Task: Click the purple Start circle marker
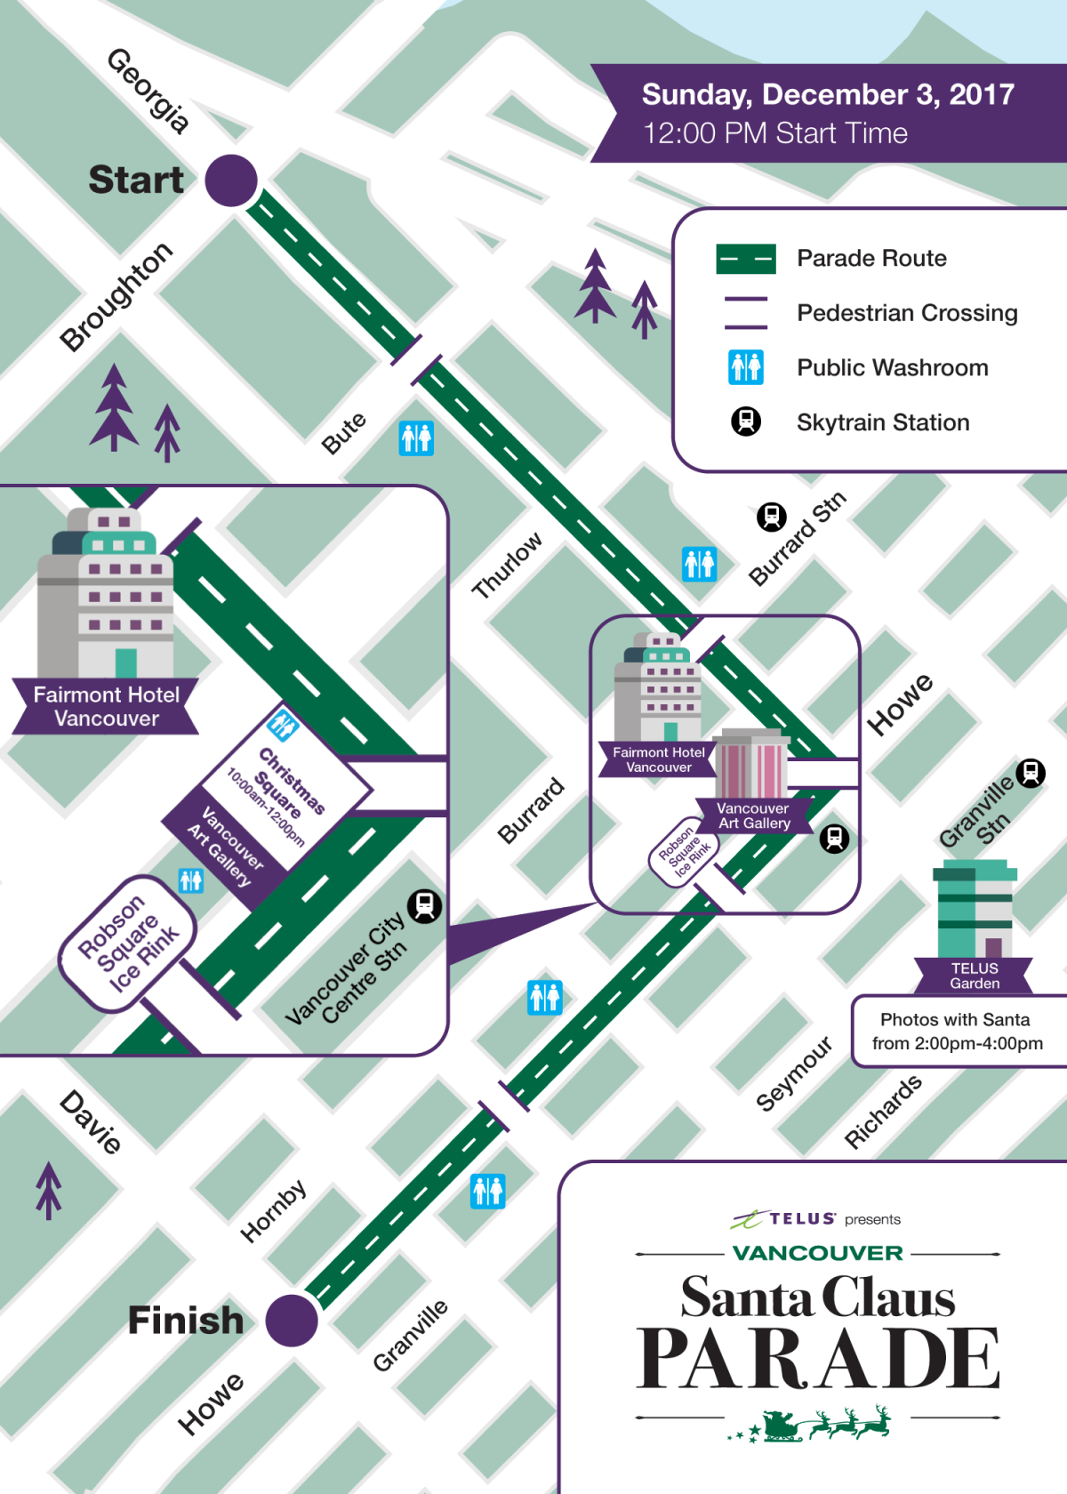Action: [231, 181]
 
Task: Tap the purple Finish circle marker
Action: [292, 1321]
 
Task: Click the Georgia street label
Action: [148, 91]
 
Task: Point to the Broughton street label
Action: [116, 296]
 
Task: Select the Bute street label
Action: [344, 433]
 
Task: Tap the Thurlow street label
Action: [507, 565]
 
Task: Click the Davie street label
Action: [91, 1121]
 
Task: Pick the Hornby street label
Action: [274, 1210]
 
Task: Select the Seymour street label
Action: [794, 1072]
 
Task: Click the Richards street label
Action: [883, 1112]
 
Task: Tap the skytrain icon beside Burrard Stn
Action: [772, 517]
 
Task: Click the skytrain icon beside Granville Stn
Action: [1031, 773]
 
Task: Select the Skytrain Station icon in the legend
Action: [746, 422]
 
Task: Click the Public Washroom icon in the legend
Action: [746, 366]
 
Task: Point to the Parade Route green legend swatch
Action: [746, 259]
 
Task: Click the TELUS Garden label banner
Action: [975, 976]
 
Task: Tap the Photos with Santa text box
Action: [957, 1032]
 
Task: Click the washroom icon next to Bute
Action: [416, 438]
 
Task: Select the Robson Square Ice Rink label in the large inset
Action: [128, 944]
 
